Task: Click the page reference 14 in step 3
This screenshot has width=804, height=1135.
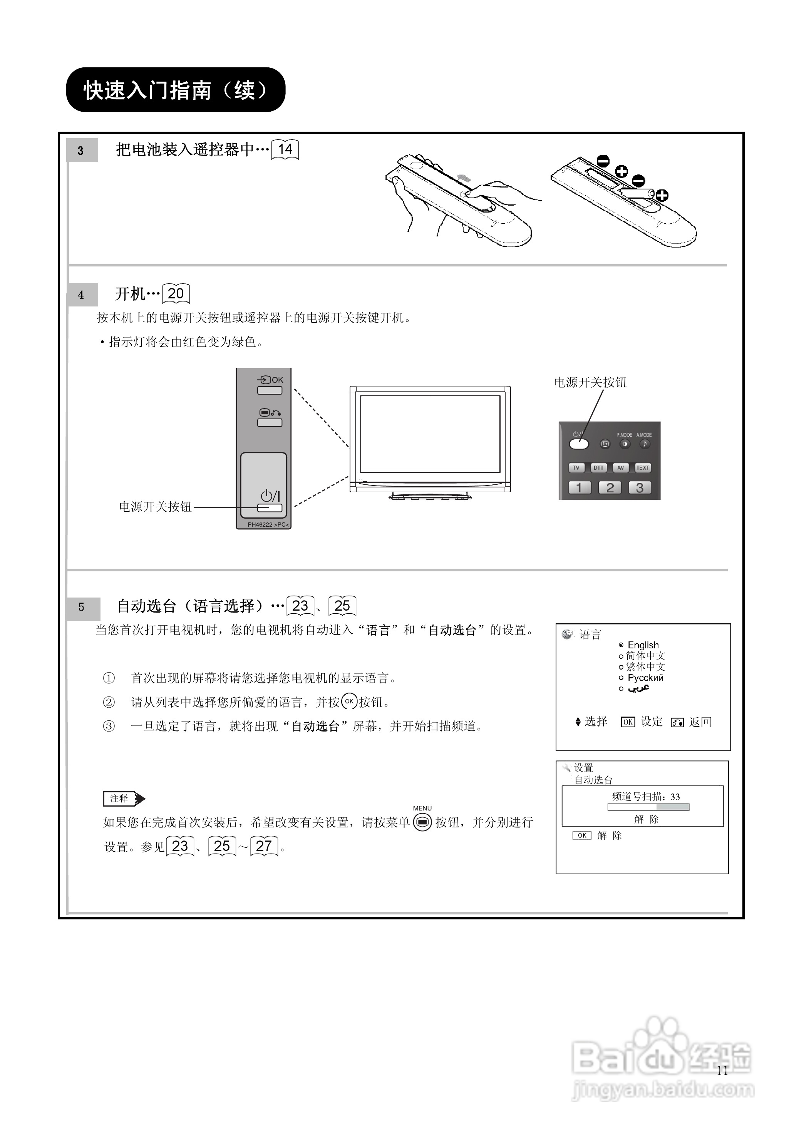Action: tap(285, 149)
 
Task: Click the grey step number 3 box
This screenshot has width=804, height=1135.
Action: tap(81, 151)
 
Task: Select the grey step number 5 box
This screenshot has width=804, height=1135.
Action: tap(82, 607)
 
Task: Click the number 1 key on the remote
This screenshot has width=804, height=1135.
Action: tap(579, 487)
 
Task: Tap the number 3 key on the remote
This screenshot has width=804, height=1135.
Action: tap(640, 487)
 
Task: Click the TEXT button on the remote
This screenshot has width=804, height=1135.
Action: tap(642, 468)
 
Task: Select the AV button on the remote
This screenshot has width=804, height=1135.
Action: tap(620, 468)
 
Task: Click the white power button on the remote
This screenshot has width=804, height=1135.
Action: tap(579, 444)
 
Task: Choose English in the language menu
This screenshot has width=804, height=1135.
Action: tap(643, 645)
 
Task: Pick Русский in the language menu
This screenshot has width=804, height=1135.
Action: tap(645, 678)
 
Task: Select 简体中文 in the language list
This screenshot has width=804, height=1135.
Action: tap(645, 656)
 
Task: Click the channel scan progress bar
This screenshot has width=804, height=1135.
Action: tap(648, 807)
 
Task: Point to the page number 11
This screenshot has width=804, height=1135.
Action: tap(722, 1071)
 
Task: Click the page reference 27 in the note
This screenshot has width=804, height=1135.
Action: tap(264, 846)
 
